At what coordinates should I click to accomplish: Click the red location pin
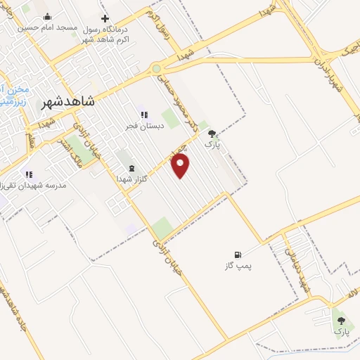click(x=181, y=165)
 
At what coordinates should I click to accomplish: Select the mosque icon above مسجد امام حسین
click(x=47, y=17)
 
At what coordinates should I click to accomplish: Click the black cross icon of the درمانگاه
click(x=105, y=18)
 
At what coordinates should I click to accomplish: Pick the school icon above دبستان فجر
click(x=143, y=115)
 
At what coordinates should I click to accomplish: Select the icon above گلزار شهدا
click(x=131, y=168)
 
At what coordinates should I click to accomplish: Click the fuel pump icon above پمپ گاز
click(x=238, y=255)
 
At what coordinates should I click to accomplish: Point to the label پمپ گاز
click(x=238, y=266)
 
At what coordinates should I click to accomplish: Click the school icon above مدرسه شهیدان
click(x=29, y=174)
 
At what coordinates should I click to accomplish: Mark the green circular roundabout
click(x=156, y=69)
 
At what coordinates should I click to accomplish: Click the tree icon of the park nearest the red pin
click(x=212, y=132)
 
